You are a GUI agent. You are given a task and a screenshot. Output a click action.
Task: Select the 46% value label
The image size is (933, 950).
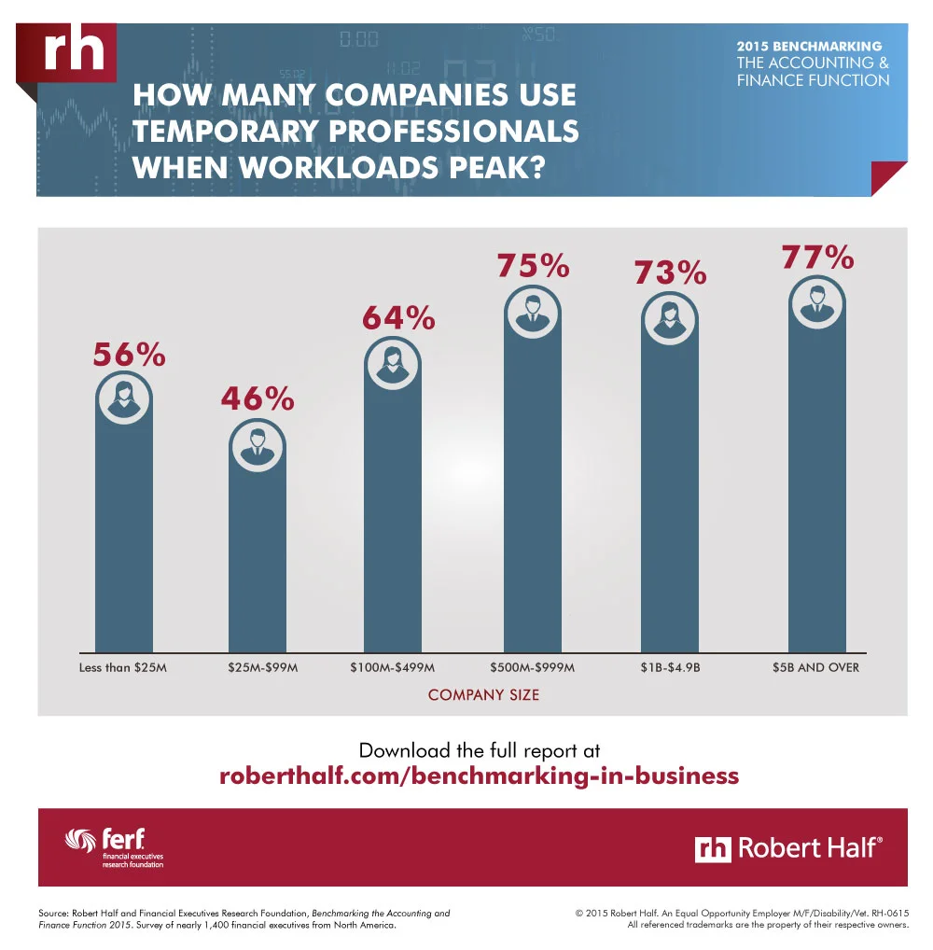pyautogui.click(x=258, y=398)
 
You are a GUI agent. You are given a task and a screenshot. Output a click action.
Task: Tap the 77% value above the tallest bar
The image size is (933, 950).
pyautogui.click(x=817, y=257)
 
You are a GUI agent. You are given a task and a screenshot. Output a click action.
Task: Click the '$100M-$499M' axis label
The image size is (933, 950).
pyautogui.click(x=393, y=668)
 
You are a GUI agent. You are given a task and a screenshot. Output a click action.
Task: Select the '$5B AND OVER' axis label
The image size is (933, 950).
pyautogui.click(x=816, y=668)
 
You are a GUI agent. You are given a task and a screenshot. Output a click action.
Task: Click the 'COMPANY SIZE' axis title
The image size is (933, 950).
pyautogui.click(x=483, y=695)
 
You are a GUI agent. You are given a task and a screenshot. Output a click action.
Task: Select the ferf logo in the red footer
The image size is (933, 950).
pyautogui.click(x=114, y=846)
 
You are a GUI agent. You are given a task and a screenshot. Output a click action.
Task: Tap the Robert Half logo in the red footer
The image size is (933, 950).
pyautogui.click(x=788, y=847)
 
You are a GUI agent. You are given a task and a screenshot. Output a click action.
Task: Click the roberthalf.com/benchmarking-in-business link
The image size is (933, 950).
pyautogui.click(x=479, y=775)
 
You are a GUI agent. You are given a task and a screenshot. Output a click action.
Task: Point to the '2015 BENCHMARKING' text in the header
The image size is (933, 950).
pyautogui.click(x=809, y=46)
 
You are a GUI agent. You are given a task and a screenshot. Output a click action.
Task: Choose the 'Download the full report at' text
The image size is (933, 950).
pyautogui.click(x=480, y=750)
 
